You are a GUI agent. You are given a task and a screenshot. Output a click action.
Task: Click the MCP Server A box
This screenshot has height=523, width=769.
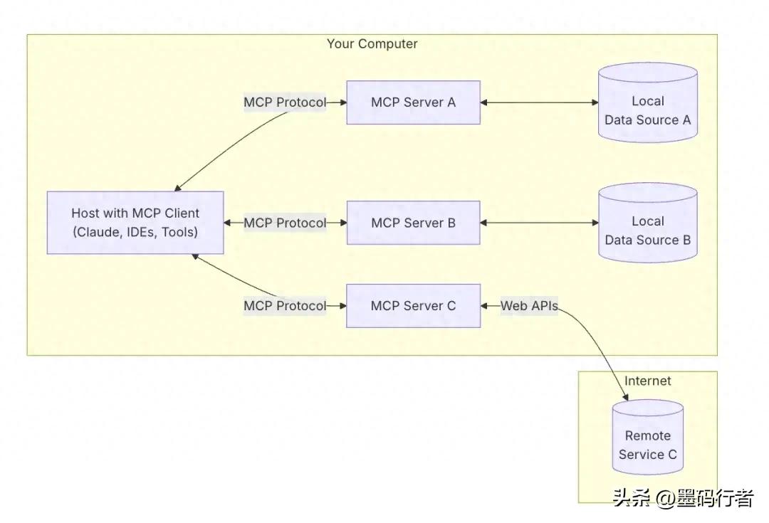click(413, 102)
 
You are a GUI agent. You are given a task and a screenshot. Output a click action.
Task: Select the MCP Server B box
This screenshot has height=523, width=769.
click(413, 223)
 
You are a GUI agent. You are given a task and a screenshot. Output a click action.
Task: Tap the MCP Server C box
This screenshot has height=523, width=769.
click(413, 306)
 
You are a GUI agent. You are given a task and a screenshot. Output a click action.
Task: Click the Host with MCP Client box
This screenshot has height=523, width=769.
click(135, 223)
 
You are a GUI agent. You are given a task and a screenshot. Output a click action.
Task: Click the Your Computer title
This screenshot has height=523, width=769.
click(372, 44)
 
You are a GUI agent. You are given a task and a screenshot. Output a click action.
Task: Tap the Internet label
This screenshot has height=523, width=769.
click(647, 381)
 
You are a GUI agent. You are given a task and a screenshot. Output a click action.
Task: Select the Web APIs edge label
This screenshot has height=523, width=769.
click(529, 306)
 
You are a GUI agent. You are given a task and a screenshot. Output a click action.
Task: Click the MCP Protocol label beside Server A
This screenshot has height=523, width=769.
click(285, 102)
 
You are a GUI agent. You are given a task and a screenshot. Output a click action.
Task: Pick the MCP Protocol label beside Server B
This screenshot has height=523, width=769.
click(285, 223)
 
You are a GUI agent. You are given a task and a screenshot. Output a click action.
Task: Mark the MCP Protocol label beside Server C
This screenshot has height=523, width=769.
click(285, 306)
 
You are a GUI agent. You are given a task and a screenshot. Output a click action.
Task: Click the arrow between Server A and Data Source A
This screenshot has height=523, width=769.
click(539, 102)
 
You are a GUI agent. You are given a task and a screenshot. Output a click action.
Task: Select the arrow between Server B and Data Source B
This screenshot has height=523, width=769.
click(539, 223)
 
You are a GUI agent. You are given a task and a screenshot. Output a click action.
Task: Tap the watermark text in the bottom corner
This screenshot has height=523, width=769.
click(682, 498)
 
